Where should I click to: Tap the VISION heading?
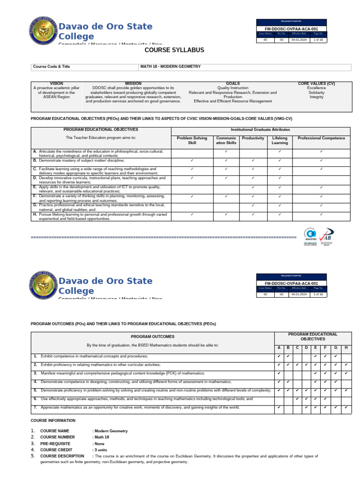click(x=56, y=83)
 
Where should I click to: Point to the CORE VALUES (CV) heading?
click(x=316, y=83)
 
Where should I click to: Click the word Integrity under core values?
click(x=316, y=97)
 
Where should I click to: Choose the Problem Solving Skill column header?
click(x=192, y=140)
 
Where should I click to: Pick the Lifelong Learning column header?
click(x=280, y=140)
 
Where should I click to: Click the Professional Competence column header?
click(x=321, y=138)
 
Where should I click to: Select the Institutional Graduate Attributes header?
click(x=261, y=129)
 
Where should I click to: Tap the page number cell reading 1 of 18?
click(x=318, y=40)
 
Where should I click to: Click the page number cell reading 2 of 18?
click(x=318, y=294)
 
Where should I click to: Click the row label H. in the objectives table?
click(x=35, y=214)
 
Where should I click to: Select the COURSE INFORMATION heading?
click(x=53, y=420)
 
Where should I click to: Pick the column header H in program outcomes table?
click(x=345, y=347)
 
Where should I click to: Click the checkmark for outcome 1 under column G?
click(x=336, y=356)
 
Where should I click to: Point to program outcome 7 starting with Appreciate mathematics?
click(x=140, y=407)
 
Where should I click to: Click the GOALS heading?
click(x=232, y=83)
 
